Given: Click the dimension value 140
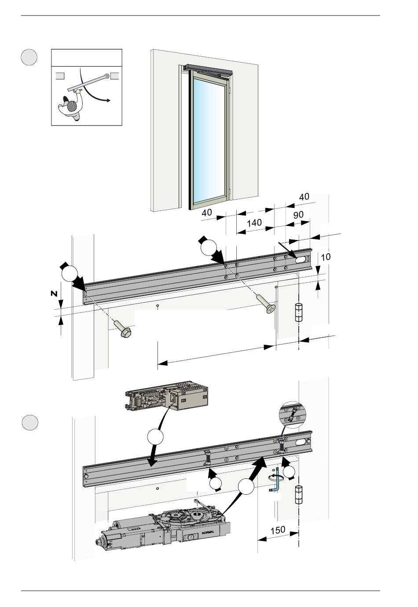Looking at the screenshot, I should point(254,223).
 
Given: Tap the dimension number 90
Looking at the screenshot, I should point(298,215).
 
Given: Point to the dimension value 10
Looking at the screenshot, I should point(326,257).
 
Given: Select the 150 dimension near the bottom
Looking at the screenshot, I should point(278,530).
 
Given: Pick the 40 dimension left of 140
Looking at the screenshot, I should point(207,212).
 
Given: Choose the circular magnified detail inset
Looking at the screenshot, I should point(292,414).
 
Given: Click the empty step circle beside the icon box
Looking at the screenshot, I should point(29,58).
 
